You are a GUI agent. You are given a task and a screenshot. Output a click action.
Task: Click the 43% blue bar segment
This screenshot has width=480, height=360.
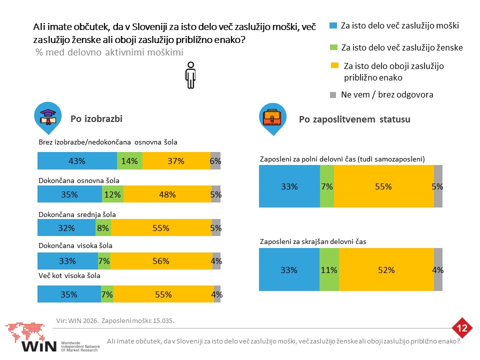77,160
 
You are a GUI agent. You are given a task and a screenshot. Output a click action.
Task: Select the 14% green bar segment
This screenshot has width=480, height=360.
130,160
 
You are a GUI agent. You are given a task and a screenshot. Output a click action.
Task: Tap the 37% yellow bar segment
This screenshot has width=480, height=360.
176,160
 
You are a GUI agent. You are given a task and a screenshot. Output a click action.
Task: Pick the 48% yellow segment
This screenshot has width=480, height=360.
167,194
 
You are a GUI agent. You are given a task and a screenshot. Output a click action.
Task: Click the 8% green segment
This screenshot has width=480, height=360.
103,227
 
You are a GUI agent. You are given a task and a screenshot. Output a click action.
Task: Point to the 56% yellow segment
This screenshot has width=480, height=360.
161,261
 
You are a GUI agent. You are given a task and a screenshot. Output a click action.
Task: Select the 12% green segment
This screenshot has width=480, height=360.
112,194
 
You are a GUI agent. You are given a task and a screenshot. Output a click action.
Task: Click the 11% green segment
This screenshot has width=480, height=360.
329,269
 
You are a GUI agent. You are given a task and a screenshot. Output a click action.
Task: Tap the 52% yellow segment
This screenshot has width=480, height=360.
386,269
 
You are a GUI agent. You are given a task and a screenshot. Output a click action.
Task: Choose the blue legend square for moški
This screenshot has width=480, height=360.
333,25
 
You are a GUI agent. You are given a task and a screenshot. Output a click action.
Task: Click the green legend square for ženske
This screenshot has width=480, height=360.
333,47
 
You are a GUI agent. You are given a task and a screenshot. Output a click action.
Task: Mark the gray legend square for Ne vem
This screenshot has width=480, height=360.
333,95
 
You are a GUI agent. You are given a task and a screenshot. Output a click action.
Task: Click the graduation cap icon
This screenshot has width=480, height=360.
48,117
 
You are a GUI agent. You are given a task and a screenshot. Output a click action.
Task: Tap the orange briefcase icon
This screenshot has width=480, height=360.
272,117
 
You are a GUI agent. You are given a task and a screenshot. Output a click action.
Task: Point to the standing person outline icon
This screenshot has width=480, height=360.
190,75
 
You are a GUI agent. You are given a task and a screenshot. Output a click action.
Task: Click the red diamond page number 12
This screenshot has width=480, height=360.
462,328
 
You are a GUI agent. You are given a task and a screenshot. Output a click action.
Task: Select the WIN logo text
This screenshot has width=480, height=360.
39,346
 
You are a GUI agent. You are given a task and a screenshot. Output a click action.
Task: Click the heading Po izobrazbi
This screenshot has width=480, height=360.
96,119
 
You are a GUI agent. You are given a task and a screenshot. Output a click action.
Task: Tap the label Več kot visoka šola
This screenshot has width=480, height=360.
69,275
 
